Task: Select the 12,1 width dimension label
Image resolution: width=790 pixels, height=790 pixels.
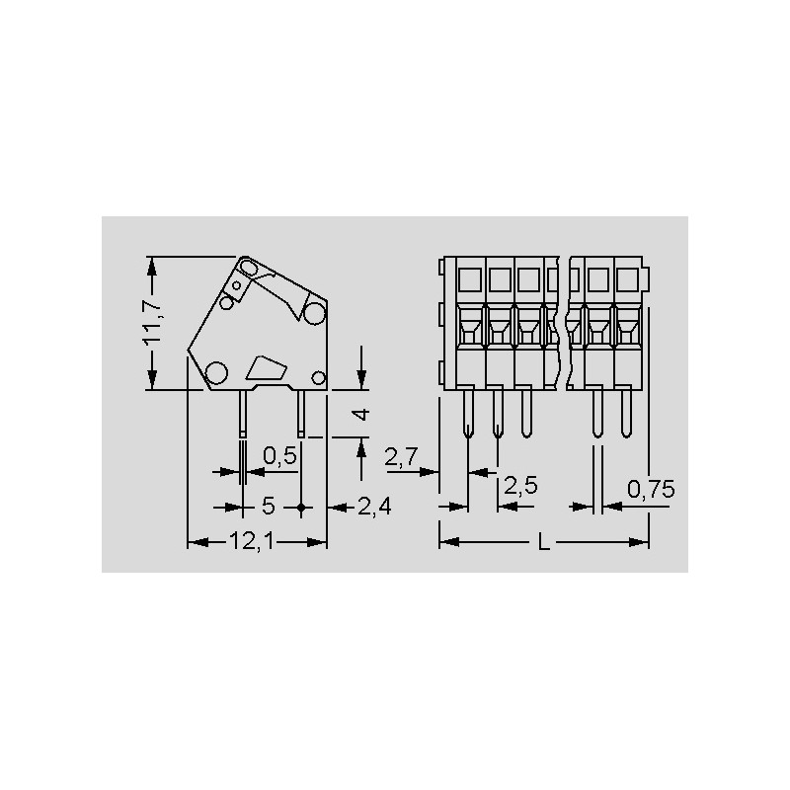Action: tap(252, 541)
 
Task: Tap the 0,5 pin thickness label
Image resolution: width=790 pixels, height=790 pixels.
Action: tap(280, 456)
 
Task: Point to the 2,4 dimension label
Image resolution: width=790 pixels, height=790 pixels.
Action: tap(374, 507)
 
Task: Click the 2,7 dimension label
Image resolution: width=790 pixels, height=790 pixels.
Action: tap(402, 457)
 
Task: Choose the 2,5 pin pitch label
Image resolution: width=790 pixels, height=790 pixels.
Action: tap(520, 486)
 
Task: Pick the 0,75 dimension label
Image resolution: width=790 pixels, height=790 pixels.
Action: tap(651, 489)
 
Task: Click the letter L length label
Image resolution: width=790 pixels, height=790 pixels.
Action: tap(543, 542)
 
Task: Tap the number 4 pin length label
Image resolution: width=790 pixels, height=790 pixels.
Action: tap(361, 414)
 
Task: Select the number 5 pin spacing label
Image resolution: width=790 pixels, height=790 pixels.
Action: tap(268, 506)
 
